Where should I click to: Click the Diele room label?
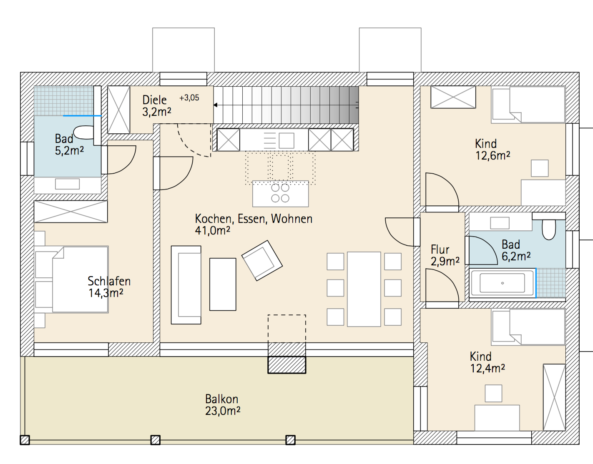[x=154, y=100]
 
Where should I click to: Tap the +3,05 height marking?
[x=189, y=98]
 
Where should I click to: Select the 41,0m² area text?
[x=213, y=231]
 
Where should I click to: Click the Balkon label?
[x=221, y=399]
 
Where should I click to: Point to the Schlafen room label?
[x=109, y=281]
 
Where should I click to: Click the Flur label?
[x=440, y=249]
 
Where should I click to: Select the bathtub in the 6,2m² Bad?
[x=502, y=283]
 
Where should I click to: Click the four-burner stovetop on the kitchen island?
[x=280, y=193]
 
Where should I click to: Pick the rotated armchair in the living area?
[x=262, y=260]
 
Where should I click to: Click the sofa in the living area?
[x=186, y=285]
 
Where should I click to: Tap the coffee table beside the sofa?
[x=223, y=284]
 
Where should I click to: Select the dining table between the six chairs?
[x=364, y=289]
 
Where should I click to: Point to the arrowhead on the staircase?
[x=216, y=105]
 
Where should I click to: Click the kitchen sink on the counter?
[x=286, y=140]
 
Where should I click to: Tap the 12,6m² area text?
[x=492, y=156]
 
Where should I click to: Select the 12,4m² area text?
[x=487, y=369]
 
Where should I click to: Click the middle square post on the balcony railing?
[x=156, y=440]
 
